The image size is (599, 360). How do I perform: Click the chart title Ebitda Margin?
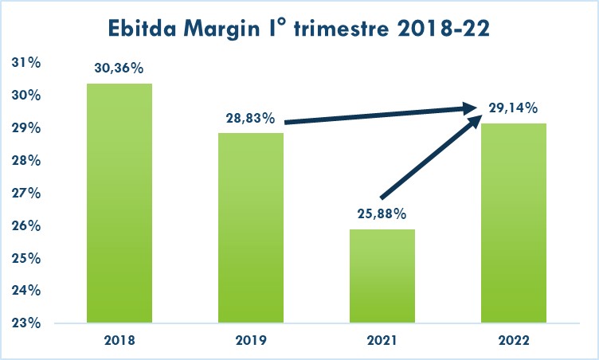pyautogui.click(x=299, y=29)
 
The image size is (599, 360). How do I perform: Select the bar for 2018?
pyautogui.click(x=119, y=203)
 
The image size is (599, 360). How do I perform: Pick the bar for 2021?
pyautogui.click(x=382, y=276)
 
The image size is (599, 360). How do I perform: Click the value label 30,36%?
pyautogui.click(x=119, y=69)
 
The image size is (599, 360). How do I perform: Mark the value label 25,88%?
pyautogui.click(x=382, y=214)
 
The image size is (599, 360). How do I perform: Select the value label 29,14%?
pyautogui.click(x=512, y=108)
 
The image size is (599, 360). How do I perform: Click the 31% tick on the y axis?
pyautogui.click(x=29, y=63)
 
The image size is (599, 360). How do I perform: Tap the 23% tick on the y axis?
pyautogui.click(x=29, y=323)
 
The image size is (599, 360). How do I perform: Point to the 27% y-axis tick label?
pyautogui.click(x=29, y=193)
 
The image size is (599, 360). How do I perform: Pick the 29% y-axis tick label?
pyautogui.click(x=29, y=128)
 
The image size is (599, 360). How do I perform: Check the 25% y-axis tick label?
pyautogui.click(x=29, y=258)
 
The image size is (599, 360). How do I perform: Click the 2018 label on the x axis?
pyautogui.click(x=119, y=340)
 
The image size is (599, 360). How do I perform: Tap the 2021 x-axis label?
pyautogui.click(x=382, y=340)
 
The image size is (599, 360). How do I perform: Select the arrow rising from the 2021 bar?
pyautogui.click(x=430, y=158)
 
